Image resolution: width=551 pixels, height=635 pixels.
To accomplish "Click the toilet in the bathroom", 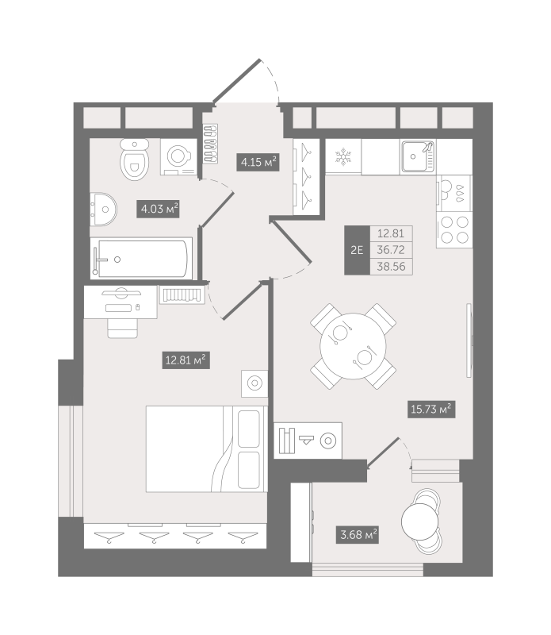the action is click(135, 160).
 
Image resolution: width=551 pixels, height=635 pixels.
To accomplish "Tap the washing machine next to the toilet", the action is click(179, 156).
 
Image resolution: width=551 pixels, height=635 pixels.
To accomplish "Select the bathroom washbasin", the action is click(103, 209).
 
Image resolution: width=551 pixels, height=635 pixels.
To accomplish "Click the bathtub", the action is click(141, 258).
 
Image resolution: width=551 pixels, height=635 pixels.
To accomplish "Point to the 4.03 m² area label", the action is click(158, 209).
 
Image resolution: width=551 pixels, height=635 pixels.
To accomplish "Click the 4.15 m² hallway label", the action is click(258, 162).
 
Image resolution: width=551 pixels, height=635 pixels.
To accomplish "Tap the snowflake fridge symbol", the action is click(343, 156).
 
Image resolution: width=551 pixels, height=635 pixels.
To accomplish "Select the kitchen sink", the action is click(418, 156).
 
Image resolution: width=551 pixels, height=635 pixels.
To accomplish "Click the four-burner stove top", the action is click(454, 229).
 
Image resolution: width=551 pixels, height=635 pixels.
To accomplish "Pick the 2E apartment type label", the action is click(357, 250).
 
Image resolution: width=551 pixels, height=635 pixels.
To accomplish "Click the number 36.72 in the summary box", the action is click(391, 250).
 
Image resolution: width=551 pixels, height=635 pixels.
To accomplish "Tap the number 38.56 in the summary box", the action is click(391, 267).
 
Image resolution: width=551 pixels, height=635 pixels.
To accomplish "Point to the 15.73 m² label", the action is click(431, 409).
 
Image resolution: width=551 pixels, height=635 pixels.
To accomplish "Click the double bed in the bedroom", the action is click(206, 448).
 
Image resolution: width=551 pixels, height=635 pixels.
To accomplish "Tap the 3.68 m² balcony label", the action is click(358, 534).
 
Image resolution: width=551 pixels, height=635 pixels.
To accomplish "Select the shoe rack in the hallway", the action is click(210, 144).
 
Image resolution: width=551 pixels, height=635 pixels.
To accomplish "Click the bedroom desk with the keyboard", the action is click(121, 302).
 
